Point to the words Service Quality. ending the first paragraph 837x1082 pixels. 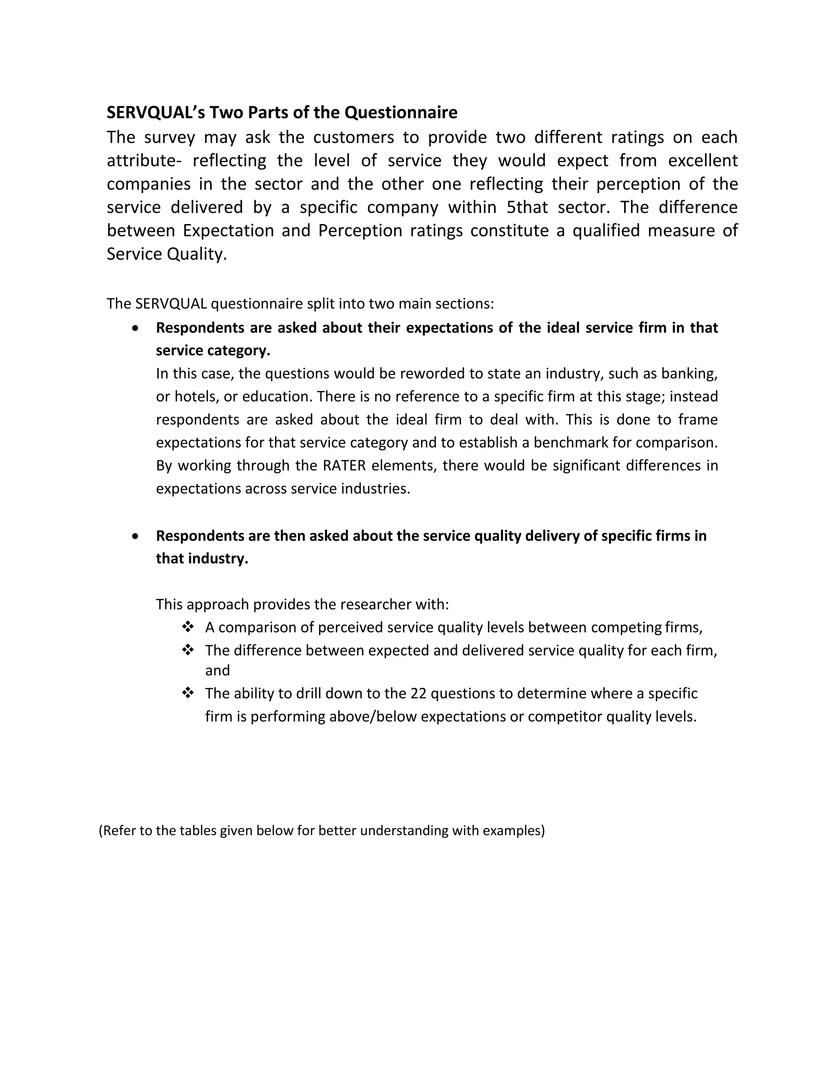click(167, 254)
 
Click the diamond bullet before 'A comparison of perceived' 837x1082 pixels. click(188, 627)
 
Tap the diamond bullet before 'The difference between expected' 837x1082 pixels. click(188, 650)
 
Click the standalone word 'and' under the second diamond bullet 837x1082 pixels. click(217, 671)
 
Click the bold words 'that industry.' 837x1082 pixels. click(202, 559)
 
